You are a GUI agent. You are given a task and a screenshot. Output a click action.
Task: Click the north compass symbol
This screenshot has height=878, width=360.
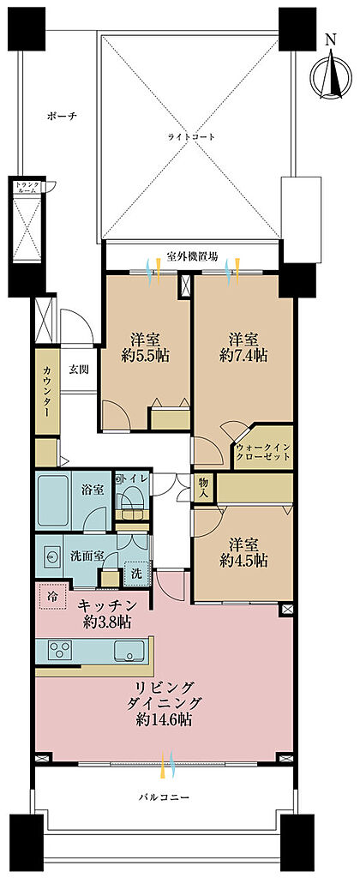tap(331, 69)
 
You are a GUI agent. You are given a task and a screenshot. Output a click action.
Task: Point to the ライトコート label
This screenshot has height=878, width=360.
tap(193, 136)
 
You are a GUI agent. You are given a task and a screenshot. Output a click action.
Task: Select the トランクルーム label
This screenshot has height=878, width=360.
tap(26, 187)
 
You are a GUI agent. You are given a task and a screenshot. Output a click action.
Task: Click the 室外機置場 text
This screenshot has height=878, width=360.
tap(192, 257)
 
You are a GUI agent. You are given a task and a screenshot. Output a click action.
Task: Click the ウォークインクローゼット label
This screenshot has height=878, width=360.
tap(263, 451)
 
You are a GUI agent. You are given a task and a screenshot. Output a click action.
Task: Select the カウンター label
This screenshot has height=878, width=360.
tap(47, 391)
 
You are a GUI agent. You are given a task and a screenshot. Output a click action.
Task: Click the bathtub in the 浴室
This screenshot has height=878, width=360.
tap(53, 501)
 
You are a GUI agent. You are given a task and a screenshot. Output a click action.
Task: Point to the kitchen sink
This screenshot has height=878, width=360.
tap(129, 650)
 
